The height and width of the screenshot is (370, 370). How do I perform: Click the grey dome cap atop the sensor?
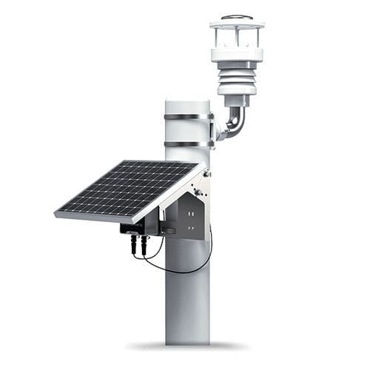(237, 16)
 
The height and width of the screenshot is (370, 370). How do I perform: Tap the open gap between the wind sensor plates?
(237, 38)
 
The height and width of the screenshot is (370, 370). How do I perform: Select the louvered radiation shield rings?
(237, 78)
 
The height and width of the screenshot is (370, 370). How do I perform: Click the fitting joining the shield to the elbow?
(237, 101)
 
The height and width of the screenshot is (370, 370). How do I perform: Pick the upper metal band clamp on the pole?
(187, 116)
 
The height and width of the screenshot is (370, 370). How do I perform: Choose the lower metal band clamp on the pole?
(187, 143)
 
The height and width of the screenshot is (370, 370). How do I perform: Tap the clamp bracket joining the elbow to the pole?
(215, 130)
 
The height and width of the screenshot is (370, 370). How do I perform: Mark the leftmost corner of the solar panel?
(55, 214)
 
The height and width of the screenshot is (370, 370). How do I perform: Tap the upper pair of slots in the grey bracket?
(192, 209)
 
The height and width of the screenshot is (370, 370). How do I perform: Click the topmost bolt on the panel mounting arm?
(206, 174)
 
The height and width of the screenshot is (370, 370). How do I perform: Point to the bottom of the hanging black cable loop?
(178, 272)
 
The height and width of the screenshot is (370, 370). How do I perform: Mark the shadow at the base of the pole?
(186, 346)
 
